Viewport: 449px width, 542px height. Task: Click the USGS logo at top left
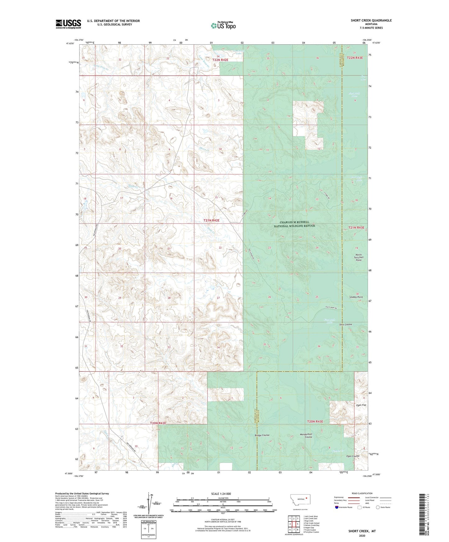(68, 24)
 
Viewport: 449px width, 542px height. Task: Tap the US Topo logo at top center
(223, 25)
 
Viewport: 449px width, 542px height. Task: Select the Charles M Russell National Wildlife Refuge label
(294, 224)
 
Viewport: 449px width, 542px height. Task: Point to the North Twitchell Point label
(359, 257)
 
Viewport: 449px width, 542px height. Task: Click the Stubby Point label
(356, 297)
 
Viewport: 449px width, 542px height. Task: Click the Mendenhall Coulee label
(306, 436)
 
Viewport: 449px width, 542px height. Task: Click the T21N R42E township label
(211, 220)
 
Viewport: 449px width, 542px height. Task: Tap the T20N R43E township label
(315, 422)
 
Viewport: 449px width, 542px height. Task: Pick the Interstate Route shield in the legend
(337, 507)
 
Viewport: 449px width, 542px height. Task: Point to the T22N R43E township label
(355, 58)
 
